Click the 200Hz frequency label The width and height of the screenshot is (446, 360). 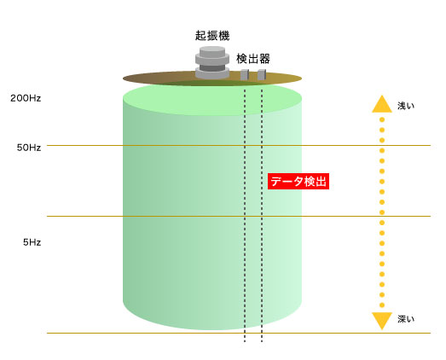point(26,98)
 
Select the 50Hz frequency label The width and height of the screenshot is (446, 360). point(29,148)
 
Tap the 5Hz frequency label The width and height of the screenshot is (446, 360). point(32,242)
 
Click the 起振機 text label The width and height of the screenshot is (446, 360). point(212,36)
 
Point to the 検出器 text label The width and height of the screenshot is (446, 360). point(253,59)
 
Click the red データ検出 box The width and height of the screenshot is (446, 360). point(298,182)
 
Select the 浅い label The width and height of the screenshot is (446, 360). point(406,106)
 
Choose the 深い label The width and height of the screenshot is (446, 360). point(406,319)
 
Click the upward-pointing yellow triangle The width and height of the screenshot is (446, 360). point(382,105)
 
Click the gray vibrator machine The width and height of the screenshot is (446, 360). point(212,62)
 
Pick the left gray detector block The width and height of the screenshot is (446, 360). point(245,74)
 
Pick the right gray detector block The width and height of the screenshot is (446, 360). point(262,74)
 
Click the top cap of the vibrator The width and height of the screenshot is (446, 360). point(212,51)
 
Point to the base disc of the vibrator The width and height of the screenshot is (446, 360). point(212,73)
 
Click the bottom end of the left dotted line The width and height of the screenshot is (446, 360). point(245,341)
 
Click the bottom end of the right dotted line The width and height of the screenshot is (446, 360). point(262,341)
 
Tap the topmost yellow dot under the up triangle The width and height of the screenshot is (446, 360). point(382,119)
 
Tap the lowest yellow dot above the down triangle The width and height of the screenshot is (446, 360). point(382,305)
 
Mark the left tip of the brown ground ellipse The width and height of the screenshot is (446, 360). point(123,78)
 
